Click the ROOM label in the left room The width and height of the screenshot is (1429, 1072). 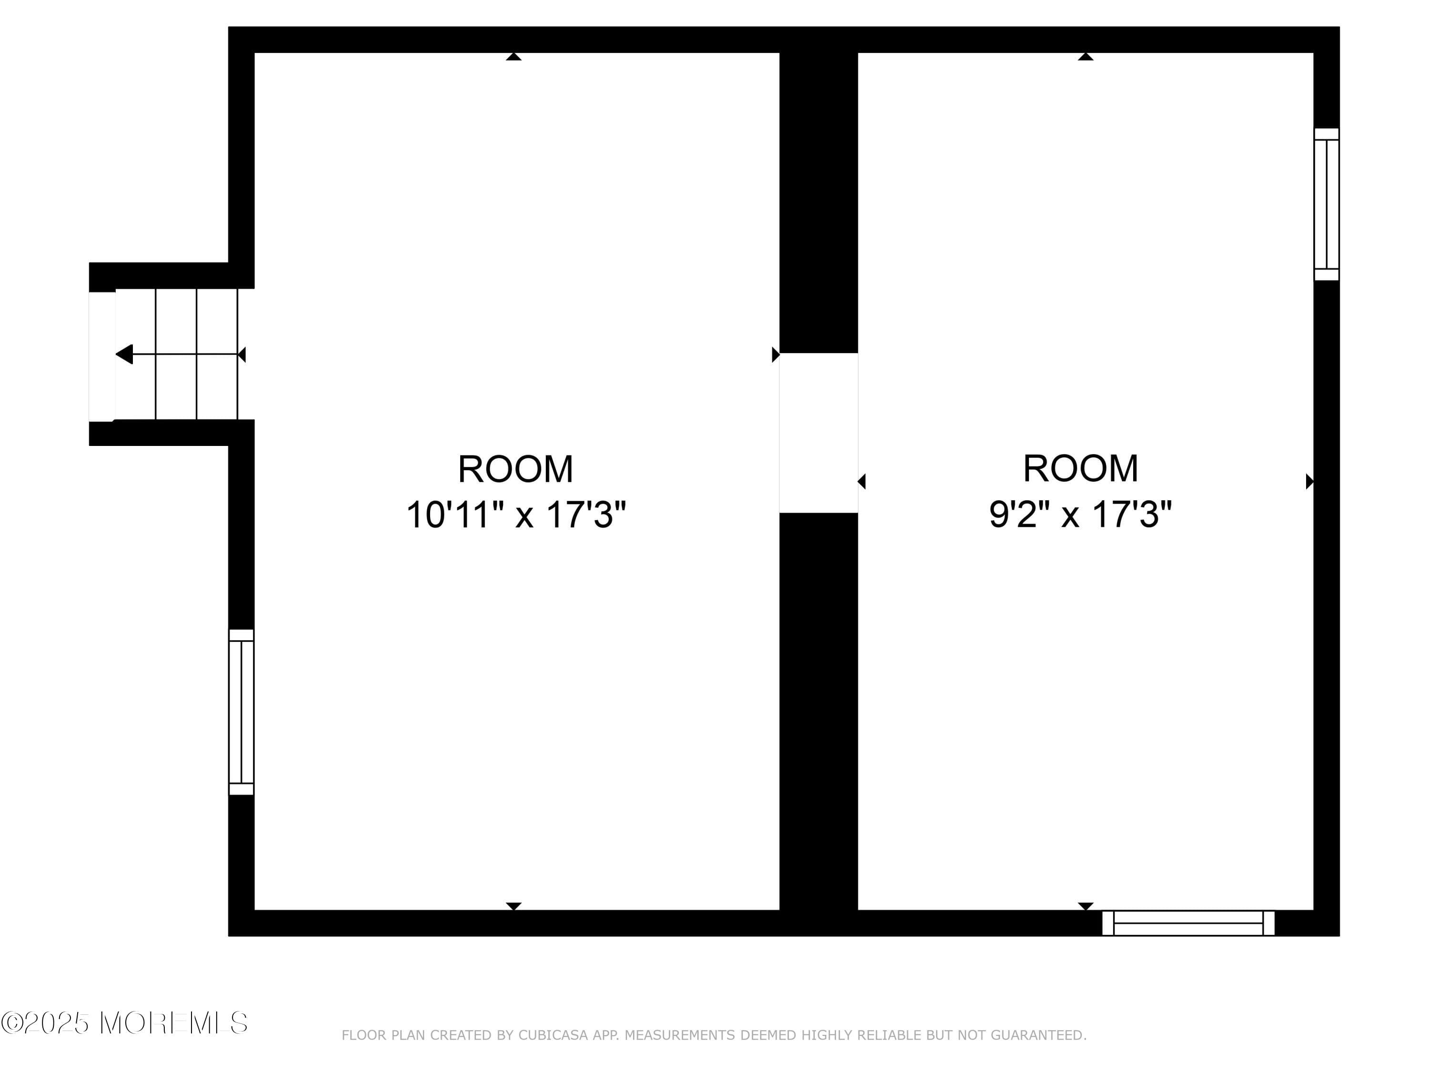(x=515, y=469)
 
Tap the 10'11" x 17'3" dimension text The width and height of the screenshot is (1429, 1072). (x=515, y=516)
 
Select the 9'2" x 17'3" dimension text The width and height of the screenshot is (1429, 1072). (x=1080, y=515)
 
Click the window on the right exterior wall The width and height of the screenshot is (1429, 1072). (x=1326, y=204)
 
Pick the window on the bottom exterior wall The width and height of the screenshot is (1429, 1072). (x=1188, y=923)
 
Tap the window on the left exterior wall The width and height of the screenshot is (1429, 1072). (x=241, y=712)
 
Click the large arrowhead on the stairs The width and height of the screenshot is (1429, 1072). (x=124, y=354)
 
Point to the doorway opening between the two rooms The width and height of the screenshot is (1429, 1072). (x=818, y=433)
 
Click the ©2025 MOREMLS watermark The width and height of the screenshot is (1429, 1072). (x=124, y=1023)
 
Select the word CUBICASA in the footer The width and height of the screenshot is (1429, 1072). (x=553, y=1035)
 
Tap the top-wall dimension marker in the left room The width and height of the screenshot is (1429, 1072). (x=513, y=57)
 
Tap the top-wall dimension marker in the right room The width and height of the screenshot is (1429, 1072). (x=1085, y=57)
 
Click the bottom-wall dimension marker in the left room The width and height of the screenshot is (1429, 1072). (x=513, y=906)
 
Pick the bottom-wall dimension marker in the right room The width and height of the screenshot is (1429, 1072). (x=1085, y=906)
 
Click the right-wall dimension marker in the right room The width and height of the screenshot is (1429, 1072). (x=1309, y=481)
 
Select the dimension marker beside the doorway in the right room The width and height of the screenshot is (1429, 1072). (x=862, y=481)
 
